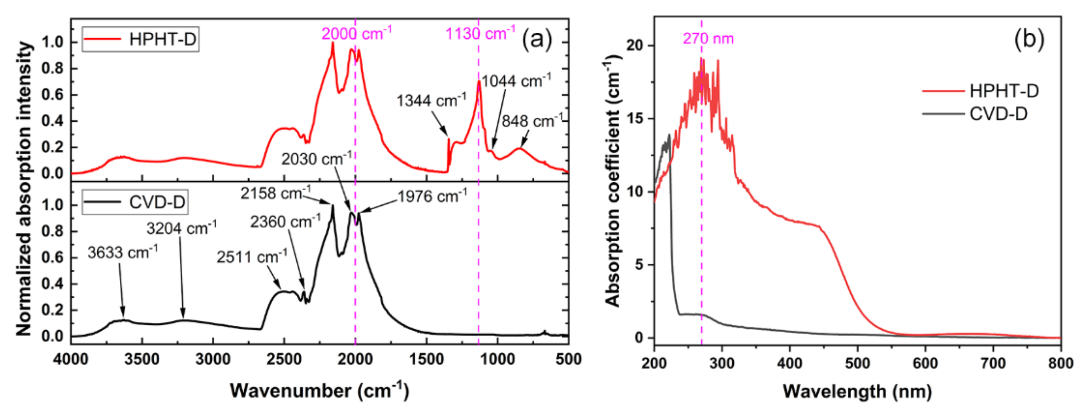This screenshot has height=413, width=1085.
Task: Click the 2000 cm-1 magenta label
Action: (x=356, y=33)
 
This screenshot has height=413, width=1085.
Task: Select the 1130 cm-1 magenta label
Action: (x=480, y=33)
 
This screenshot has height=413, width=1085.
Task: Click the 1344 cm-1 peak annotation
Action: (x=431, y=101)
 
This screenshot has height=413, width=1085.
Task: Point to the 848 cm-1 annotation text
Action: (x=532, y=121)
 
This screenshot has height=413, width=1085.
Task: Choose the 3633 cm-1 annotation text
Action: (x=122, y=253)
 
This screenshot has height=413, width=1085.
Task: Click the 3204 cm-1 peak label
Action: (x=181, y=228)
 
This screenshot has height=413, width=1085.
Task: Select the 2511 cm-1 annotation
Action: (x=251, y=257)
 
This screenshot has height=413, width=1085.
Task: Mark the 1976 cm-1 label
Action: (x=432, y=197)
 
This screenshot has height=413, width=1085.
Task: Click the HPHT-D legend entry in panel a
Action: (x=140, y=39)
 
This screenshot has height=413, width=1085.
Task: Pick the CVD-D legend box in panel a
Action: (x=135, y=203)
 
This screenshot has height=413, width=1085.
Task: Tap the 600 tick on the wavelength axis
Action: (x=925, y=363)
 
